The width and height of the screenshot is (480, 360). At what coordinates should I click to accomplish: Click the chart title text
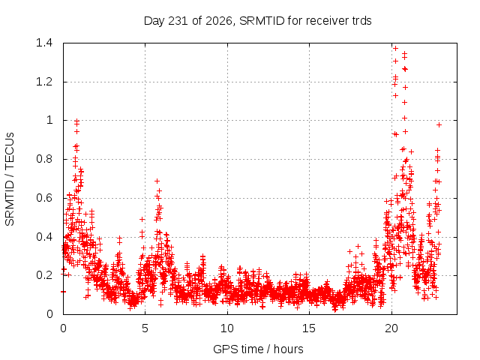pos(258,21)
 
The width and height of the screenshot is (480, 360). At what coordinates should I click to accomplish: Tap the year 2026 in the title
pos(218,21)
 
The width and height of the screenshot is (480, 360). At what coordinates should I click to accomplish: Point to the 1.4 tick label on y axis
pos(44,43)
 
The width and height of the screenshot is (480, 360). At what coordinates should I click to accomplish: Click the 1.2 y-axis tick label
pos(44,82)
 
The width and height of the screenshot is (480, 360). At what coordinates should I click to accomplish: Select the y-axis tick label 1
pos(49,120)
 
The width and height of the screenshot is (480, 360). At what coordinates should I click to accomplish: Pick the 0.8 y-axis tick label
pos(44,159)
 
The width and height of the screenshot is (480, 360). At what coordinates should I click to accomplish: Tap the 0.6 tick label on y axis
pos(44,198)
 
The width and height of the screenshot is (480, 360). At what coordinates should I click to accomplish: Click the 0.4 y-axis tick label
pos(44,237)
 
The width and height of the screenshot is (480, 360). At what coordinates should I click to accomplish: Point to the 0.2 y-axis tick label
pos(44,275)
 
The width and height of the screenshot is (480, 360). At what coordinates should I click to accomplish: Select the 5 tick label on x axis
pos(145,328)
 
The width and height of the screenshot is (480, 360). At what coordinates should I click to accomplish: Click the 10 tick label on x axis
pos(226,328)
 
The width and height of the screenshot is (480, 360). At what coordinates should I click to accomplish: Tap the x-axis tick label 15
pos(309,328)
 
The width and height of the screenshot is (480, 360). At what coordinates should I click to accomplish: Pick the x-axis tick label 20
pos(391,328)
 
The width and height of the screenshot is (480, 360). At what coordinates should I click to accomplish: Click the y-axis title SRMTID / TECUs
pos(10,179)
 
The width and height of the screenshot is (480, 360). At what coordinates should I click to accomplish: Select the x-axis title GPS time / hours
pos(258,349)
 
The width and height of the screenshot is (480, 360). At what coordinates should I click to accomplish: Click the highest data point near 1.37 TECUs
pos(395,48)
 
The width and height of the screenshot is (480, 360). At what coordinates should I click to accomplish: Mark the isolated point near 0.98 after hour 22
pos(439,125)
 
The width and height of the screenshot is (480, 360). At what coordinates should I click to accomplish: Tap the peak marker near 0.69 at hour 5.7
pos(157,181)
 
